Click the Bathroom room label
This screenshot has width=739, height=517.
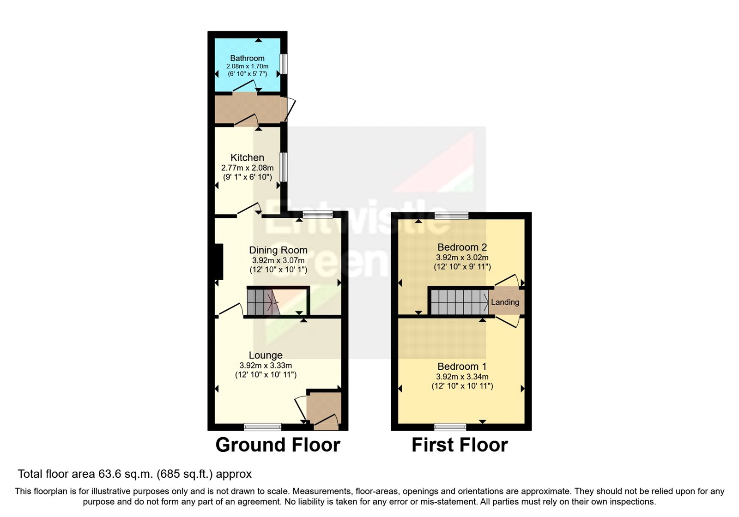click(x=247, y=58)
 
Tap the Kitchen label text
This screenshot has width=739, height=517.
click(x=247, y=157)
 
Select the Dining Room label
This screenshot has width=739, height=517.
click(x=278, y=250)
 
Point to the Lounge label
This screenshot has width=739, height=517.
click(x=266, y=355)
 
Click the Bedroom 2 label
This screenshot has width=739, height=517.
click(x=462, y=247)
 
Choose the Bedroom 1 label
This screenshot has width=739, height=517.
click(x=462, y=367)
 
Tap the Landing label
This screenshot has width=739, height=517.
click(x=505, y=302)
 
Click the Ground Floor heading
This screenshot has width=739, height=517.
click(x=278, y=445)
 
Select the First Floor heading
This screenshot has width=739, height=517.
click(x=460, y=445)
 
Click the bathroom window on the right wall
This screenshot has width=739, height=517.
click(x=284, y=64)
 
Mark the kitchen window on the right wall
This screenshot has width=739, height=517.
click(x=284, y=167)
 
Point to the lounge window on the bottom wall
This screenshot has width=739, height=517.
click(x=262, y=427)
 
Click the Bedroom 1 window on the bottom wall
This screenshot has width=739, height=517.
click(x=450, y=427)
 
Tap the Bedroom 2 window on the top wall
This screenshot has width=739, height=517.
click(x=451, y=216)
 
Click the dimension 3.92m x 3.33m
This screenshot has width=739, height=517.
click(x=266, y=365)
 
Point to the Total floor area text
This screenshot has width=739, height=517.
click(x=135, y=474)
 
